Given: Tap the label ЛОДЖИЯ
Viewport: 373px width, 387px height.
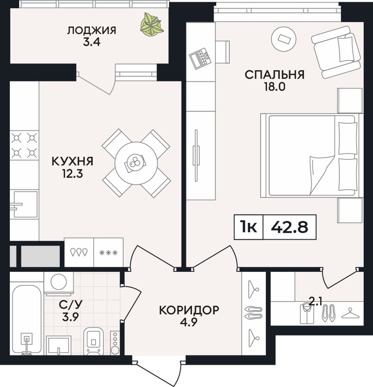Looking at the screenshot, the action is click(91, 31).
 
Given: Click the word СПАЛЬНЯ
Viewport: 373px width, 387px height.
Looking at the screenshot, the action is click(274, 75).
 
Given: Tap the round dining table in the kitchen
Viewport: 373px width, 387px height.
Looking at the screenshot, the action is click(136, 163).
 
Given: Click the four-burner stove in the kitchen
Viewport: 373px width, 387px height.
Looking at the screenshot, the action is click(24, 145).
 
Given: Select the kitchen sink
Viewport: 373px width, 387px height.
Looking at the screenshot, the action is click(24, 204).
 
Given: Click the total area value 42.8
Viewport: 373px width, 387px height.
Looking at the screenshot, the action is click(290, 227).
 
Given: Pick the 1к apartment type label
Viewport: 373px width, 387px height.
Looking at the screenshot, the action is click(249, 227).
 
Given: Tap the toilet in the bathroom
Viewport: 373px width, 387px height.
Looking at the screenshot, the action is click(93, 341).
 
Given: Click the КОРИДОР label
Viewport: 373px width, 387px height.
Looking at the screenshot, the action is click(189, 310).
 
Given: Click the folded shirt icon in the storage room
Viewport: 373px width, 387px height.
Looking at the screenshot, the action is click(307, 314).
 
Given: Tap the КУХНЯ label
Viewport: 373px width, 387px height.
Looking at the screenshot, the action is click(73, 161).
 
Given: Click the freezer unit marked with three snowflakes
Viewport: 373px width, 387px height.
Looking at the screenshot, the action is click(108, 252).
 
